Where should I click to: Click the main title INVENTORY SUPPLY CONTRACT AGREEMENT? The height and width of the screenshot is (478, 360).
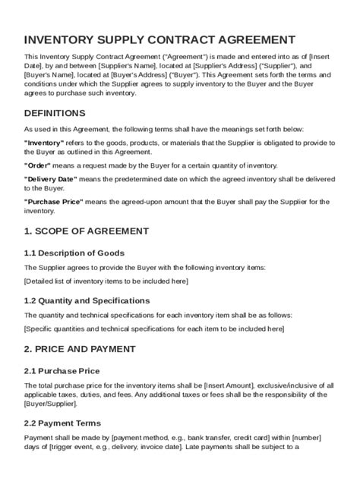[x=159, y=39]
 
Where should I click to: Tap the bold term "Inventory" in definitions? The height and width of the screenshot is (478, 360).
[x=45, y=142]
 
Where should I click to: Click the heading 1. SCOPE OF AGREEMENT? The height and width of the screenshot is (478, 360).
[x=87, y=231]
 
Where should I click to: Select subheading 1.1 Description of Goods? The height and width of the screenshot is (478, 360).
[x=74, y=253]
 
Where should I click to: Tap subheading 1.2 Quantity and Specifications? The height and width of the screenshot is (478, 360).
[x=87, y=300]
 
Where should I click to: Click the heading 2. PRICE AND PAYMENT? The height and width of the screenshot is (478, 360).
[x=80, y=349]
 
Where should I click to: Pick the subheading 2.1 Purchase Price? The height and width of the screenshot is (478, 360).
[x=62, y=371]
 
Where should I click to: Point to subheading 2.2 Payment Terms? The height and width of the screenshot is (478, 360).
[x=62, y=423]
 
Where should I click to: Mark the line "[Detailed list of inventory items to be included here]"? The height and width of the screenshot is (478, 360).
[x=106, y=281]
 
